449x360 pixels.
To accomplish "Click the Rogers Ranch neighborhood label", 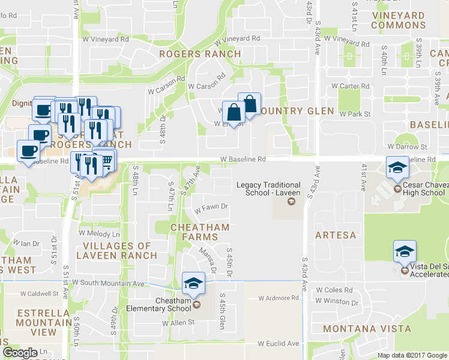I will click(200, 54).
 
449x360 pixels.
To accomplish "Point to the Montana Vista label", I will click(367, 329).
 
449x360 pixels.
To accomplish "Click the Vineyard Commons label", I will click(398, 20).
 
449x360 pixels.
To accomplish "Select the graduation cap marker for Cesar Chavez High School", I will click(397, 167).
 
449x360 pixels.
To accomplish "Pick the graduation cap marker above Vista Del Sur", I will click(405, 251).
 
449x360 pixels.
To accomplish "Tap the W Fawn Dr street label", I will click(211, 207).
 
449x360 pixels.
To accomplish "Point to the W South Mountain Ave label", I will click(109, 282).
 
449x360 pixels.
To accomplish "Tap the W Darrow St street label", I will click(406, 146).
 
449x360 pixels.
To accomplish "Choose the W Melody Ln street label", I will click(100, 233).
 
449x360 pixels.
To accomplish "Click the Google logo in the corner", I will click(20, 353).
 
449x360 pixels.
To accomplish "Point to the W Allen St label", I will click(179, 322).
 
